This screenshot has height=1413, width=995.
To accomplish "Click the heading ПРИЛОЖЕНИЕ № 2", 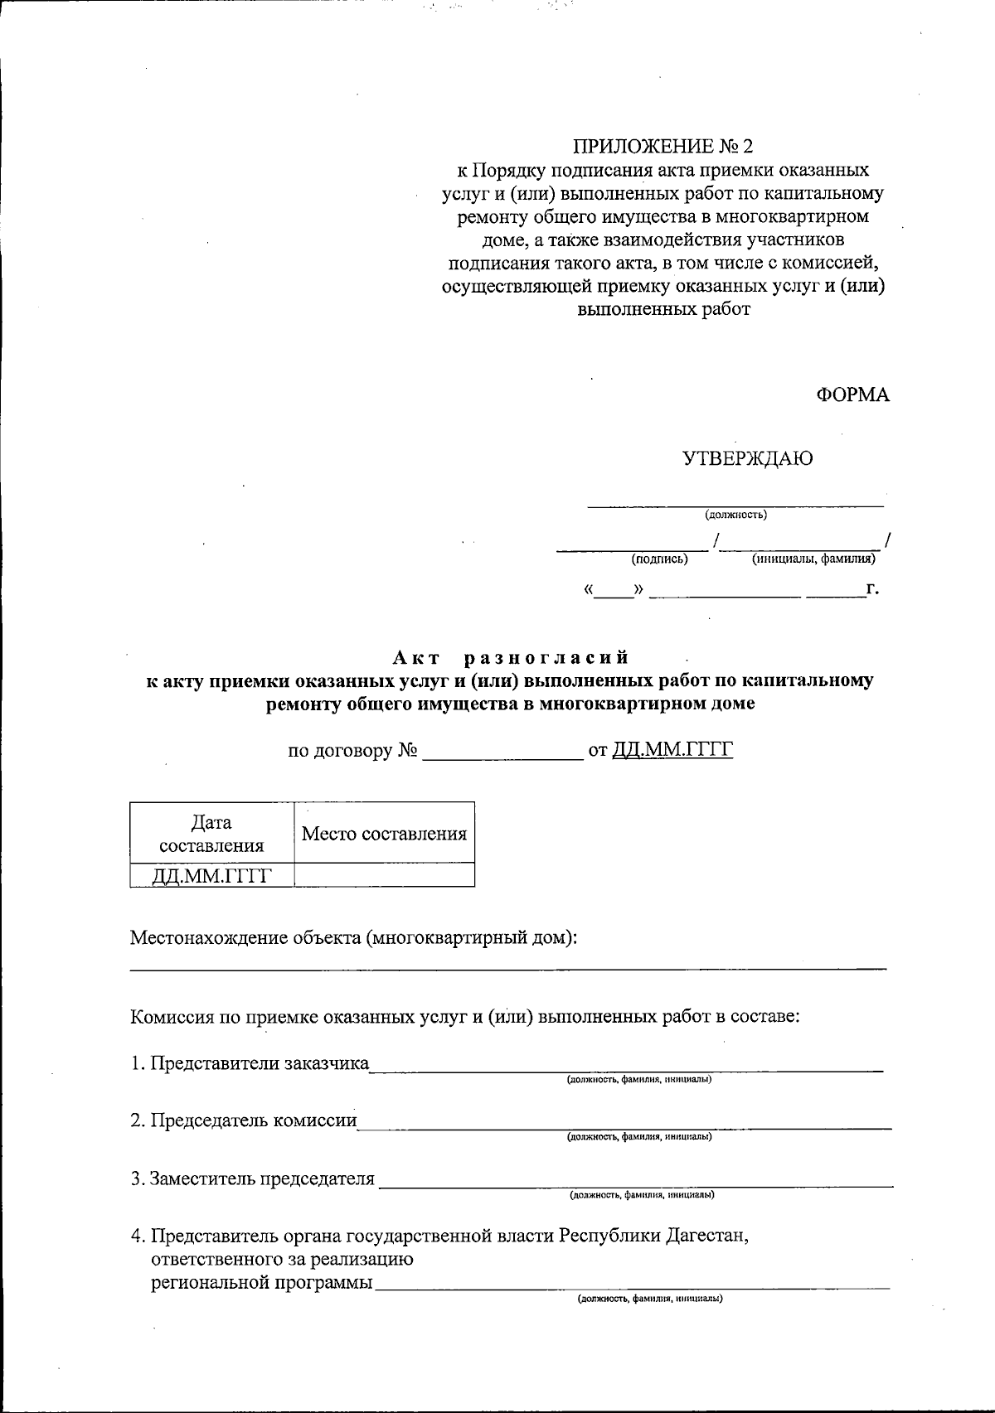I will coord(663,148).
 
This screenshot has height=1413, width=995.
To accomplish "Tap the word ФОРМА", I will coord(852,395).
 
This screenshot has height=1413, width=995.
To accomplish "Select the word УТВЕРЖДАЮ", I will coord(747,458).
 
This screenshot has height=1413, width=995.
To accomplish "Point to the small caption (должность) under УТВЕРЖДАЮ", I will coord(735,515).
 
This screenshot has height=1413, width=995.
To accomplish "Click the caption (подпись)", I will coord(659,559).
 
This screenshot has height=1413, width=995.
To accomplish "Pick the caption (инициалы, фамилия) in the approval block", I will coord(813,559).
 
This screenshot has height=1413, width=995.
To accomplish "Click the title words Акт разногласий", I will coord(511,658).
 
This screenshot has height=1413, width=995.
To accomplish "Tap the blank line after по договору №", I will coord(502,752).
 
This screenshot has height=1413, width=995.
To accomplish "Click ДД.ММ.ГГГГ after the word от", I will coord(673,751).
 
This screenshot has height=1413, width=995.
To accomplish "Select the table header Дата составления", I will coord(211,834).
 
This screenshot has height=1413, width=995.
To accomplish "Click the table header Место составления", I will coord(384,834).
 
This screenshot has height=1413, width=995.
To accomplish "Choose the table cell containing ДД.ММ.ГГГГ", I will coord(211,875).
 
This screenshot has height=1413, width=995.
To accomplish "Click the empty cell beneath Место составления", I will coord(384,875).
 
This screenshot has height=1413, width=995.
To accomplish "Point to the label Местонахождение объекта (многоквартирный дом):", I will coord(353,938).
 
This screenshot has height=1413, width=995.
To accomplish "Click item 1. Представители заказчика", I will coord(250,1063).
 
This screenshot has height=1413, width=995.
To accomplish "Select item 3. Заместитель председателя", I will coord(253,1178).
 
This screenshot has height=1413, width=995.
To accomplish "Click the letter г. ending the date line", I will coord(871,589).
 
